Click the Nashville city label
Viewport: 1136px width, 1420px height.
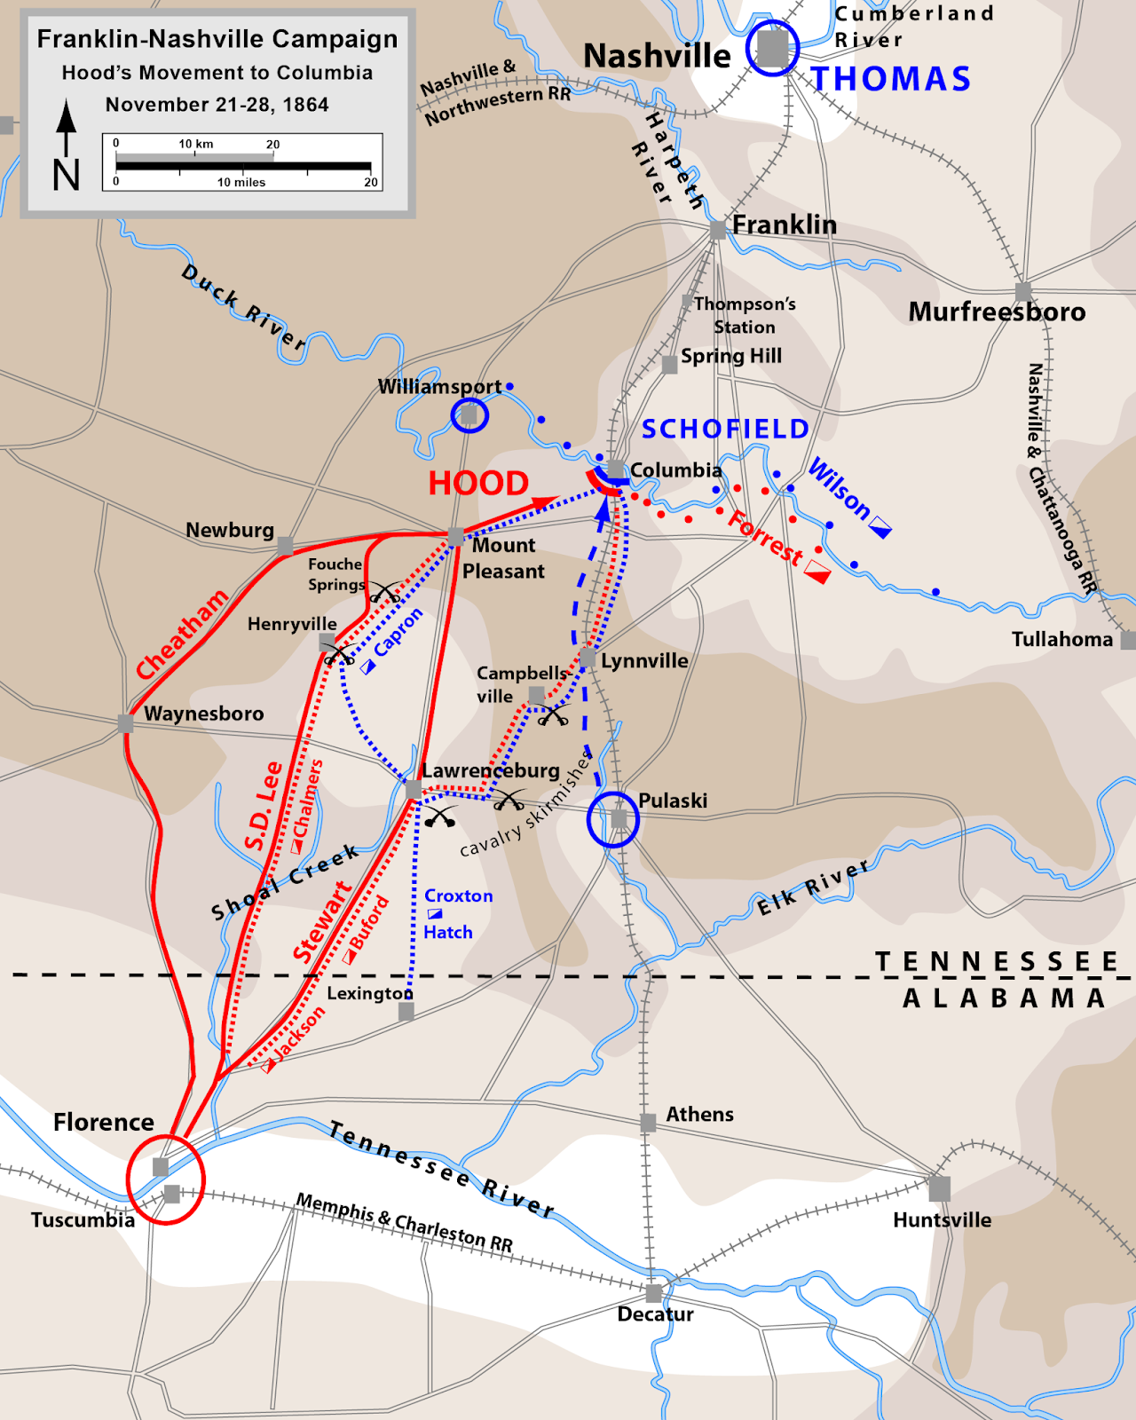pyautogui.click(x=657, y=56)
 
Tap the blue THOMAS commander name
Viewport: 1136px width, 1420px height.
pyautogui.click(x=891, y=79)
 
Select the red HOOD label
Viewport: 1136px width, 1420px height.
pyautogui.click(x=478, y=484)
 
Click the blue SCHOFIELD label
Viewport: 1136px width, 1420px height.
pyautogui.click(x=725, y=430)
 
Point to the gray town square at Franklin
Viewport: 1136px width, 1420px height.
pyautogui.click(x=717, y=231)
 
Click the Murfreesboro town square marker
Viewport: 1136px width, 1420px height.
pyautogui.click(x=1023, y=291)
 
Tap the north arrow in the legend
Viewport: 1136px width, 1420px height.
pyautogui.click(x=67, y=146)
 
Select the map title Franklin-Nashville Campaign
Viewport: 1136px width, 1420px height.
pyautogui.click(x=217, y=39)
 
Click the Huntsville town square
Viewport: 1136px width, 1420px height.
pyautogui.click(x=939, y=1187)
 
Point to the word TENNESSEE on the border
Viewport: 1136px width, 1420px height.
pyautogui.click(x=997, y=962)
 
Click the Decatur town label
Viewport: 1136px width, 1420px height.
pyautogui.click(x=655, y=1314)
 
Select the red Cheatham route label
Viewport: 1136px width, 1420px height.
pyautogui.click(x=182, y=634)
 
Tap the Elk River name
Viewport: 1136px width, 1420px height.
pyautogui.click(x=813, y=887)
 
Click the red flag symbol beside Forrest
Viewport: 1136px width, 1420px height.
pyautogui.click(x=817, y=573)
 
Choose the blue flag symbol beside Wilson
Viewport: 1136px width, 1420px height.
pyautogui.click(x=880, y=528)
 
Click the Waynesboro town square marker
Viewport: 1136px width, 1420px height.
pyautogui.click(x=126, y=724)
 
